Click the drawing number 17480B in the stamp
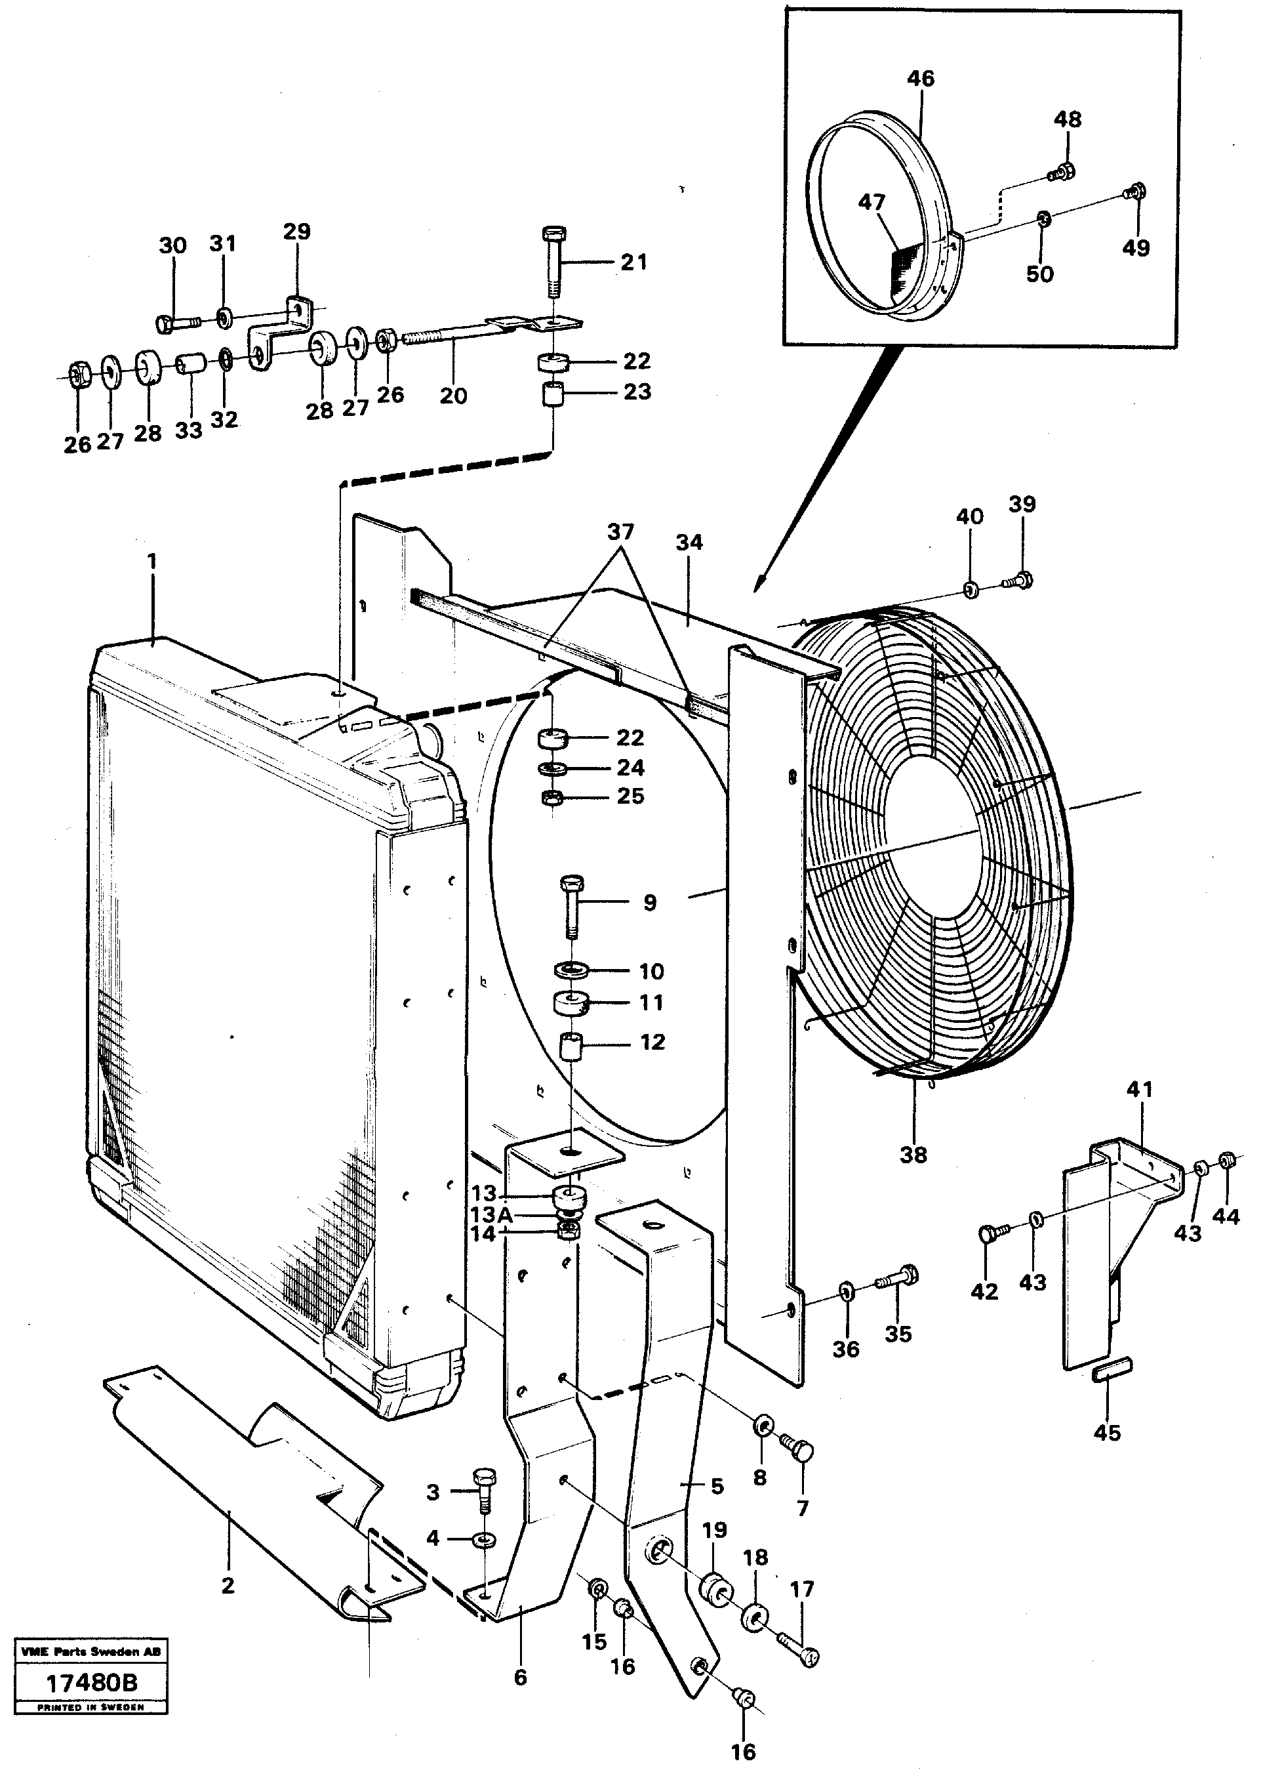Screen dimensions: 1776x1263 point(92,1683)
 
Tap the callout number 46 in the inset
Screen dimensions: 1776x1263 point(920,79)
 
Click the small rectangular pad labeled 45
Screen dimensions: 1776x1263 point(1112,1371)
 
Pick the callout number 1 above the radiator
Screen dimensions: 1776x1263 point(151,560)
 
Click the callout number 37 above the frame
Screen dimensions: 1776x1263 point(620,532)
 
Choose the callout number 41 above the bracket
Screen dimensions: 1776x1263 point(1139,1089)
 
